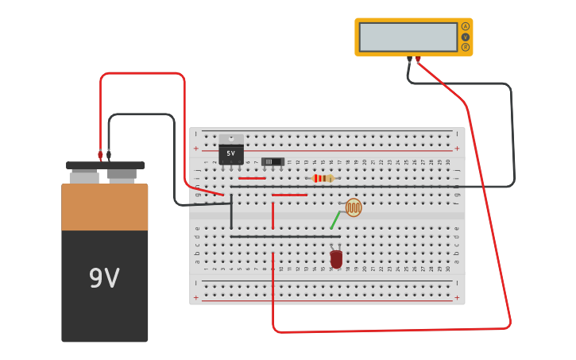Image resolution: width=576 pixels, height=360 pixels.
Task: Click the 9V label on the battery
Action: point(104,278)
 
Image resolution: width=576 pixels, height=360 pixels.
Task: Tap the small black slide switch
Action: point(273,161)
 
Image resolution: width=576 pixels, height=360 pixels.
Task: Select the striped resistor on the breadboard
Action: point(322,178)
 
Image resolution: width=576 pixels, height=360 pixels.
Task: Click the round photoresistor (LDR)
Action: point(354,207)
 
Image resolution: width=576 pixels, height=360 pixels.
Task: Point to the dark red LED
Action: point(337,259)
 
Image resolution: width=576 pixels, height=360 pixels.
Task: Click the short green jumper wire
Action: point(335,220)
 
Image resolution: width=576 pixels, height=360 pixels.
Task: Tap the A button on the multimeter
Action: point(466,26)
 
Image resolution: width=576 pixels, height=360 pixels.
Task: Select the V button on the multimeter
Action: point(466,37)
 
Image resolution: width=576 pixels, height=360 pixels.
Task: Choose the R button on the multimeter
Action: point(466,47)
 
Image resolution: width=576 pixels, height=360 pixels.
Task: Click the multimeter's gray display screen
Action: point(408,37)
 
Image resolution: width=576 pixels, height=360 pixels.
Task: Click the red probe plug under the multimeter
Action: point(418,60)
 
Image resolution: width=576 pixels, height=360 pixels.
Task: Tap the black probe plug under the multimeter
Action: point(410,60)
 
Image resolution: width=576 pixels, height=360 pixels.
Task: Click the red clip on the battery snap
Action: point(101,155)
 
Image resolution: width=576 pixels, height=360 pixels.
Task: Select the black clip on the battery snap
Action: point(109,155)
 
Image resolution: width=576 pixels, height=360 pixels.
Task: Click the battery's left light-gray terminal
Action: point(83,177)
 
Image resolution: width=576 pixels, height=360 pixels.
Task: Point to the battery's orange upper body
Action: point(105,207)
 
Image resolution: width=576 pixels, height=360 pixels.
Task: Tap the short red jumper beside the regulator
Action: point(252,178)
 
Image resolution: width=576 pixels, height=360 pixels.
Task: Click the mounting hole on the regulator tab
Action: point(231,138)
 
